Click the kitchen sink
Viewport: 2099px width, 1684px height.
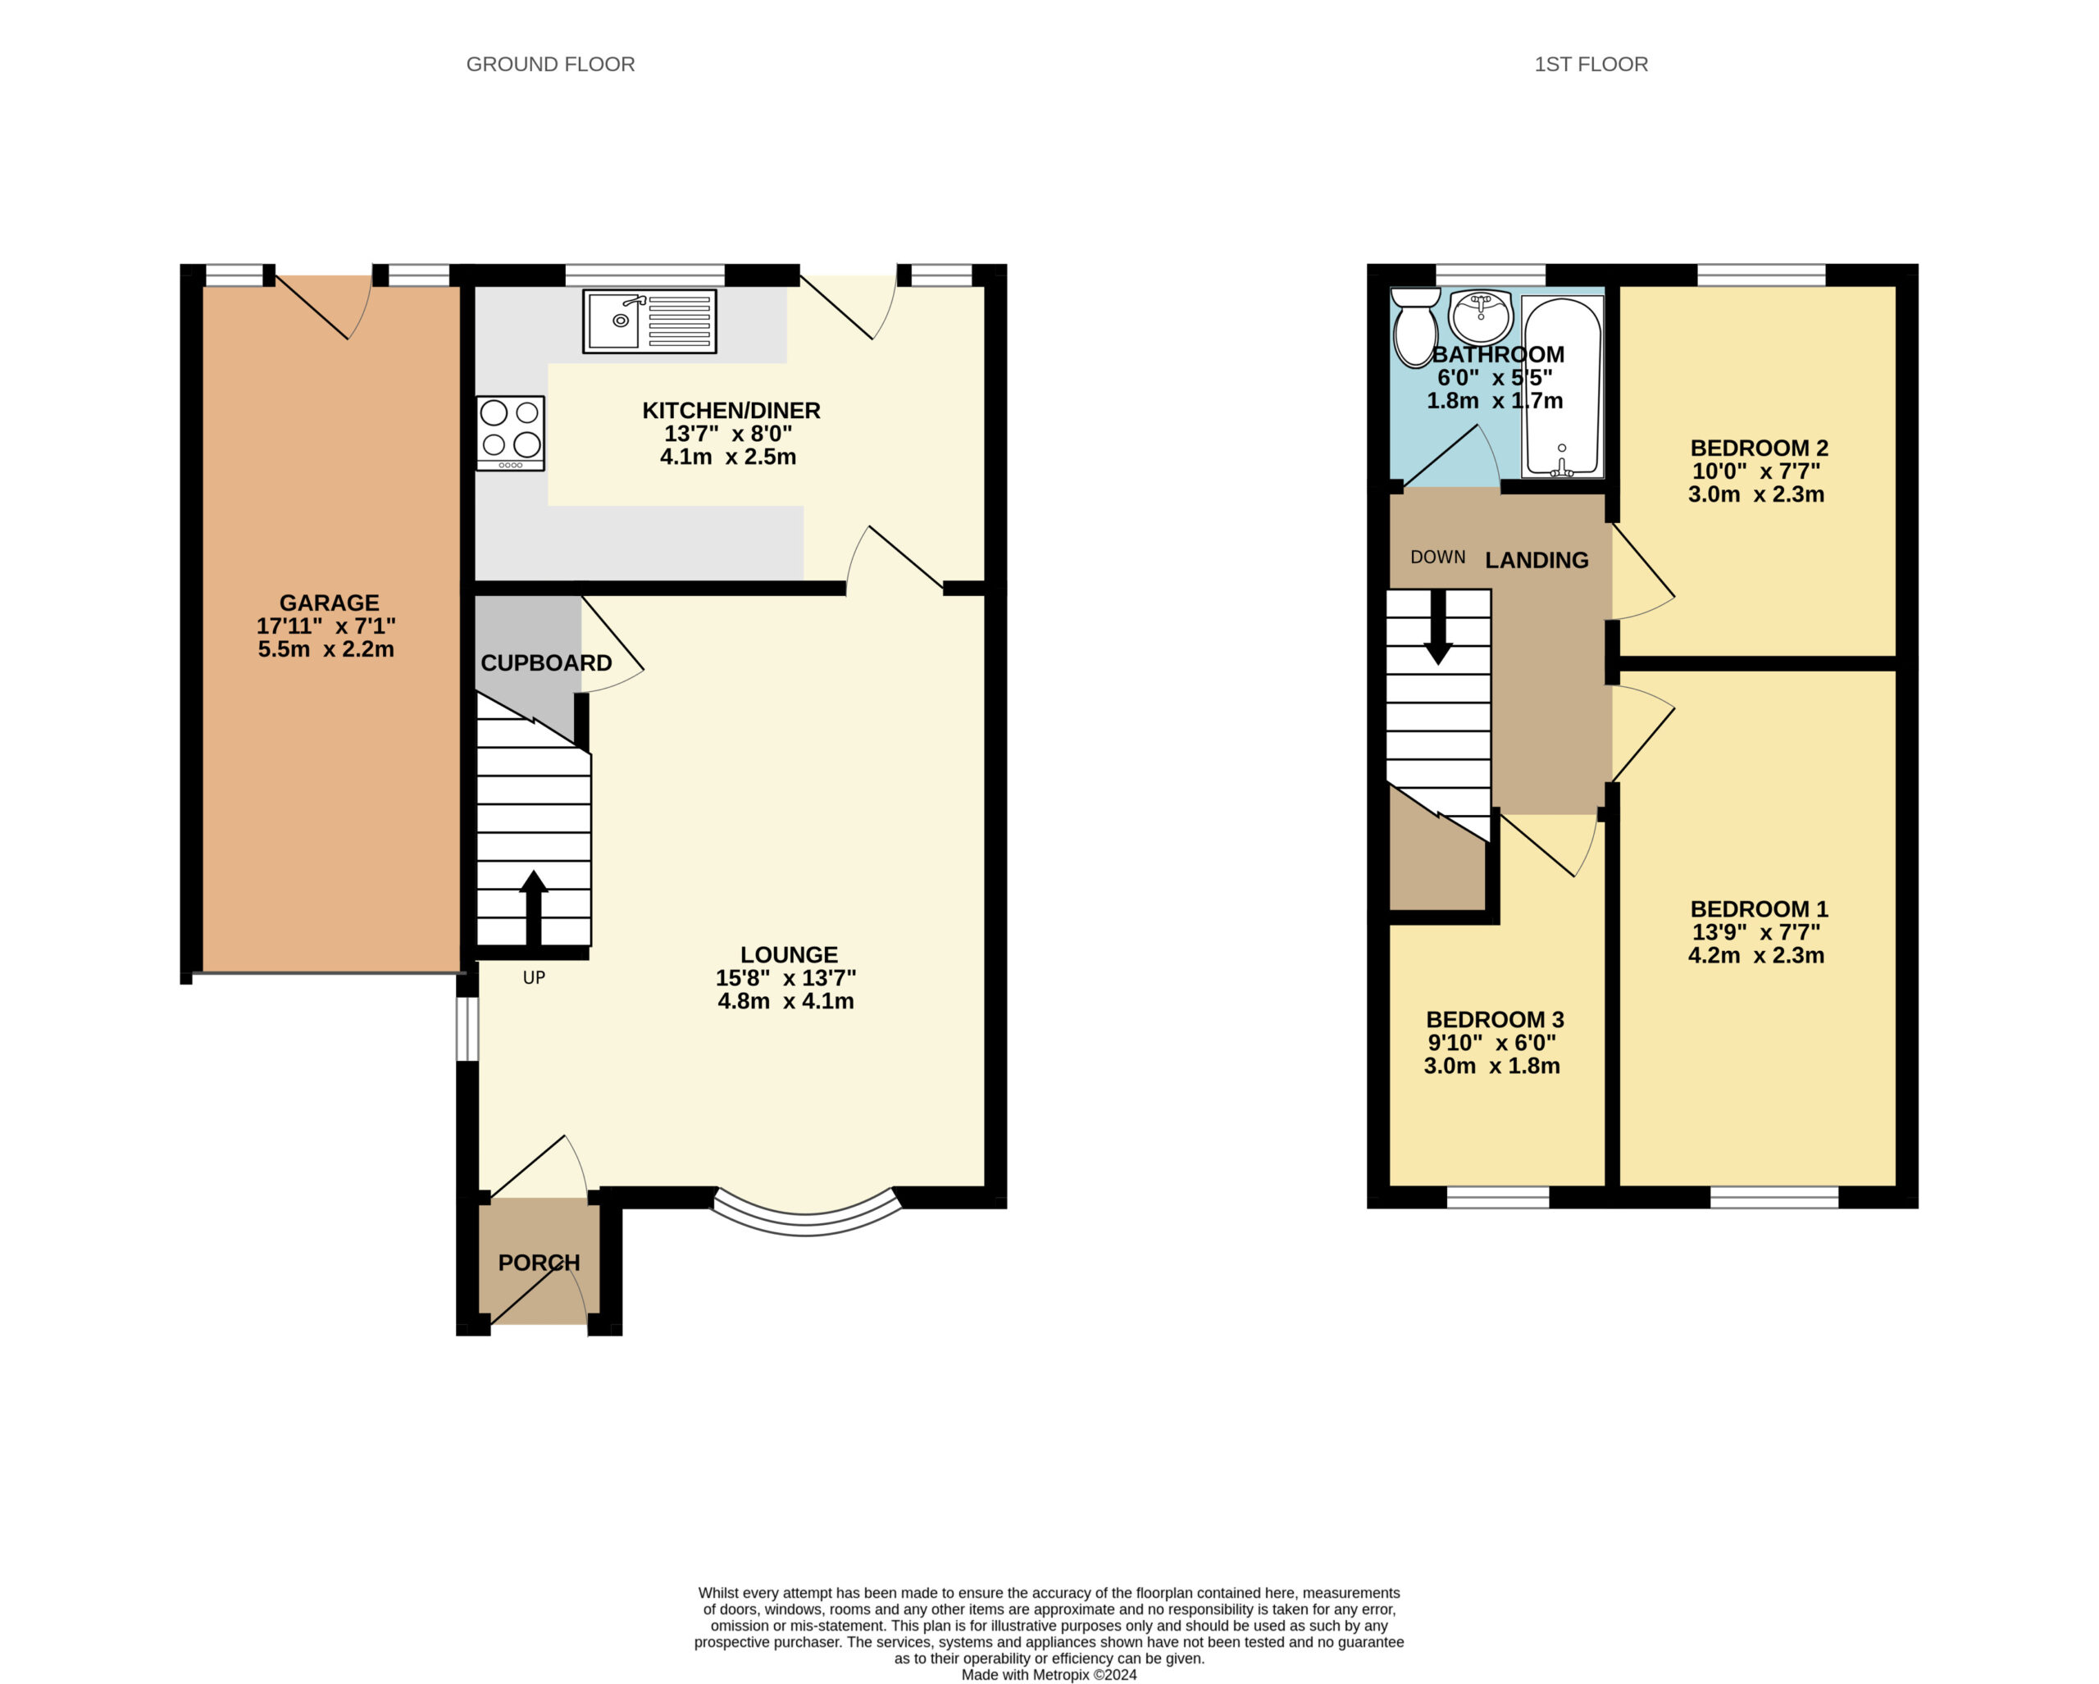point(649,321)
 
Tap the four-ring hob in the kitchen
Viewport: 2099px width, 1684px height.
point(510,433)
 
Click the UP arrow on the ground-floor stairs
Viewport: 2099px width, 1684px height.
point(534,908)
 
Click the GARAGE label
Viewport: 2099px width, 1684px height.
point(329,603)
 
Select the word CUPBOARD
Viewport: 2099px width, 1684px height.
point(546,663)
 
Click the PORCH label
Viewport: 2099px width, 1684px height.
point(540,1263)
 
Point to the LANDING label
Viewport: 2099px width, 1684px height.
point(1537,560)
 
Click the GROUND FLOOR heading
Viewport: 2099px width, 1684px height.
point(550,64)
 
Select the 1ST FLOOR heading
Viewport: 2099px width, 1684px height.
point(1591,64)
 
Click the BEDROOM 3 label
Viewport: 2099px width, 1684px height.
point(1495,1019)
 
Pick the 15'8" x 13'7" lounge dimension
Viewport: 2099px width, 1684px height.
point(785,977)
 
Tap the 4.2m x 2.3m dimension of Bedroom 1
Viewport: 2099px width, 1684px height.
point(1756,955)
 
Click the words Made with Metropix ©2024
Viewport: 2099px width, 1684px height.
point(1049,1674)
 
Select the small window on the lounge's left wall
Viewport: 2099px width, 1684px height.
point(467,1029)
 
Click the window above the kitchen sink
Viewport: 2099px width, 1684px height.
point(645,275)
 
